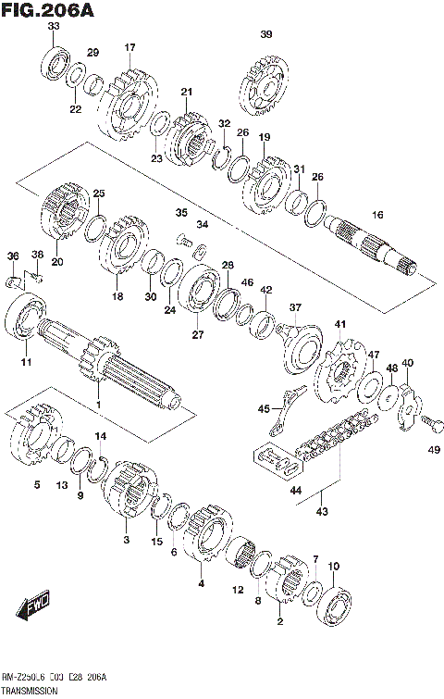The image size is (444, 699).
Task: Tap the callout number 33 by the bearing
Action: tap(53, 27)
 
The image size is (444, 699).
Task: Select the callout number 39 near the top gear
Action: tap(266, 35)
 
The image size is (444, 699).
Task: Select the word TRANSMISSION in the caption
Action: tap(31, 691)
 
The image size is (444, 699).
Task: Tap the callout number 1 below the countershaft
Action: tap(99, 405)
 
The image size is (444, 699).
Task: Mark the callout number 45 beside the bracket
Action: tap(264, 408)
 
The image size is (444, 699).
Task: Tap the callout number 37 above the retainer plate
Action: tap(295, 307)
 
